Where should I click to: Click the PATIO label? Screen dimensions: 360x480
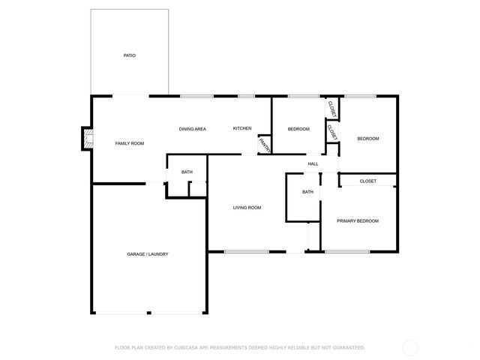point(130,55)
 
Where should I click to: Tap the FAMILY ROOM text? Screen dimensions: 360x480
point(129,142)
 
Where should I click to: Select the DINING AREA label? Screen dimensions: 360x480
point(192,129)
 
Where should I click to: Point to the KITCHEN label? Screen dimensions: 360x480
point(242,129)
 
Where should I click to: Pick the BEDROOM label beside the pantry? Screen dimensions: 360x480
point(298,129)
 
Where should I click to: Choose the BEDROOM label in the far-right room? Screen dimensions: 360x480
point(367,138)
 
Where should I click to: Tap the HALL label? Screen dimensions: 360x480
point(313,163)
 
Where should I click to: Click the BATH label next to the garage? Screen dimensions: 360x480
point(187,172)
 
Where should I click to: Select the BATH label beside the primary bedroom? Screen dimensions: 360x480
point(307,192)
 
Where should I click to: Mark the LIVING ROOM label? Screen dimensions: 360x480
point(247,207)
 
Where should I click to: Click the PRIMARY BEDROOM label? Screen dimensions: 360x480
point(358,220)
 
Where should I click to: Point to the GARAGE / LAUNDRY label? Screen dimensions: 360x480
point(148,254)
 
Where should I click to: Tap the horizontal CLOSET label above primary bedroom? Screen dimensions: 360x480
point(367,181)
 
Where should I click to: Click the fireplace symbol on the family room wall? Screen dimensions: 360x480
point(88,138)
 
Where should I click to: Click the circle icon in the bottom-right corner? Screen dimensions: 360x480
point(410,347)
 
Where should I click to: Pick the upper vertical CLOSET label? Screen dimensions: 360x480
point(332,108)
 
